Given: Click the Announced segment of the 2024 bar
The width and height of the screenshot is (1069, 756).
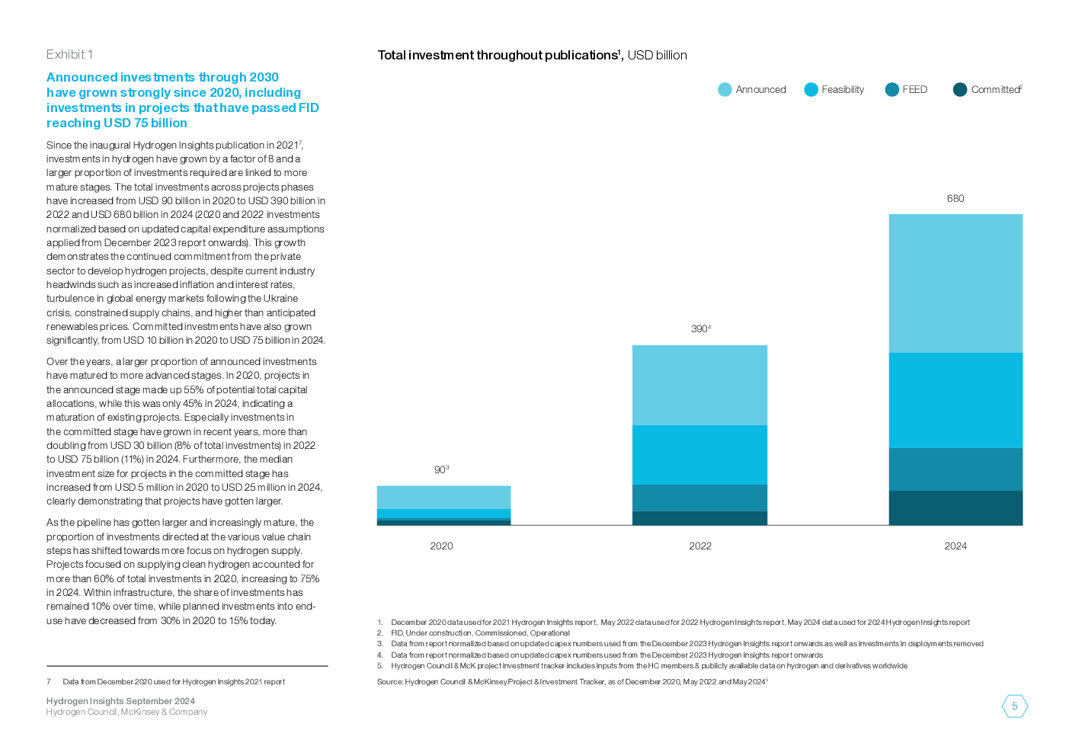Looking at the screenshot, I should pos(955,283).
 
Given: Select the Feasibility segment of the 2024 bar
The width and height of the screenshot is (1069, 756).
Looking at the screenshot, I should pos(955,400).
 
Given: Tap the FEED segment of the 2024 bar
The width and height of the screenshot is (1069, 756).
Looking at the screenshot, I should pos(955,469).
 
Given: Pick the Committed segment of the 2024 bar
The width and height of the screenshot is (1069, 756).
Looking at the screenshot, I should pos(955,508).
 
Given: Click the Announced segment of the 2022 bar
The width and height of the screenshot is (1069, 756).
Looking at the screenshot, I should pos(699,385).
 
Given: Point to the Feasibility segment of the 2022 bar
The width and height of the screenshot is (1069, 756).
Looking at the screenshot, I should pos(699,455).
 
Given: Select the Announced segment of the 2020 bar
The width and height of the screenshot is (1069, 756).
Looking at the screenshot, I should pos(443,497).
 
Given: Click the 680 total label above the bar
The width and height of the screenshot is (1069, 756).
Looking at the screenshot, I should pos(955,199).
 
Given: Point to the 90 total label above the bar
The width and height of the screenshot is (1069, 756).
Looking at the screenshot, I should pos(441,470).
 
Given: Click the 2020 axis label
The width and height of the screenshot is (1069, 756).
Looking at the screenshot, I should pos(441,546).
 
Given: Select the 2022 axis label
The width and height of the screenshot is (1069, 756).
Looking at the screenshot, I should pos(700,546).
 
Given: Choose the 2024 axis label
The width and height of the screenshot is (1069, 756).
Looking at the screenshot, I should pos(955,546).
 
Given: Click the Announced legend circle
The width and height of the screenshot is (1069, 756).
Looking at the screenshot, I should pos(725,90).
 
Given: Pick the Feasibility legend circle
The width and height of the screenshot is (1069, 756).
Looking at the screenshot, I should pos(811,90).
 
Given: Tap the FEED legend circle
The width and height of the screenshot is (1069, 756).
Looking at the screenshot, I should pos(891,90).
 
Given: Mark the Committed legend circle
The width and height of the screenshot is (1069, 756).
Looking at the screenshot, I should pos(960,90).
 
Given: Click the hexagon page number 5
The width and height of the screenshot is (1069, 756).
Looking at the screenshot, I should pos(1014,706).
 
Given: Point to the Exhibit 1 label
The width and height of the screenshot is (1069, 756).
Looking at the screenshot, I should pos(69,54).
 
